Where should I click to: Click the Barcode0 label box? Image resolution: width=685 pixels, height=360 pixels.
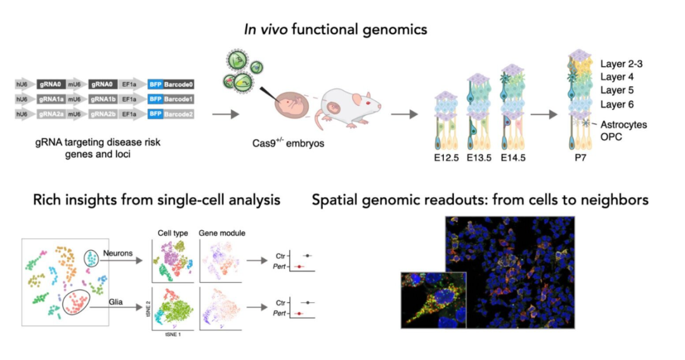178,84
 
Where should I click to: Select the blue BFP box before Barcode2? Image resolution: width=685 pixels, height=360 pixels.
155,114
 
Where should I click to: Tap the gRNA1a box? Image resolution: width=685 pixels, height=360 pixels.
51,99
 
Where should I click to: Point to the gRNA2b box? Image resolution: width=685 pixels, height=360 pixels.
103,114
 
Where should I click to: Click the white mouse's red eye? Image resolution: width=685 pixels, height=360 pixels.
367,103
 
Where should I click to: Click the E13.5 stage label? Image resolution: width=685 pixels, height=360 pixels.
479,158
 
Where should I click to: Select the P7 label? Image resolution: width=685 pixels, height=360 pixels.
580,158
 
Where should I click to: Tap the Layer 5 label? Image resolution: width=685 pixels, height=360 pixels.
616,91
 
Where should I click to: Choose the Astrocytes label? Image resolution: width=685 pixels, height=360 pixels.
623,124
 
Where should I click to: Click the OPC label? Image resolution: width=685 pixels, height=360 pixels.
611,137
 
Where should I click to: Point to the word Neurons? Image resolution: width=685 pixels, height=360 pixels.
118,253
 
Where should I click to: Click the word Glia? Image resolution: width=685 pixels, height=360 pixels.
116,302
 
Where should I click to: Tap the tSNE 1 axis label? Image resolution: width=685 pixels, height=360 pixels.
173,335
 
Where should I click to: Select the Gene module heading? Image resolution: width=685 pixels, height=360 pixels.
222,233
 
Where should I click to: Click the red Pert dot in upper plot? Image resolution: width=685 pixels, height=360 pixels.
299,266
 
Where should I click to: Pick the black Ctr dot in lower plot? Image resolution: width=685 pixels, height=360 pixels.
308,302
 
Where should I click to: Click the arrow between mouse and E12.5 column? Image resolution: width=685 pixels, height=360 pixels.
404,114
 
